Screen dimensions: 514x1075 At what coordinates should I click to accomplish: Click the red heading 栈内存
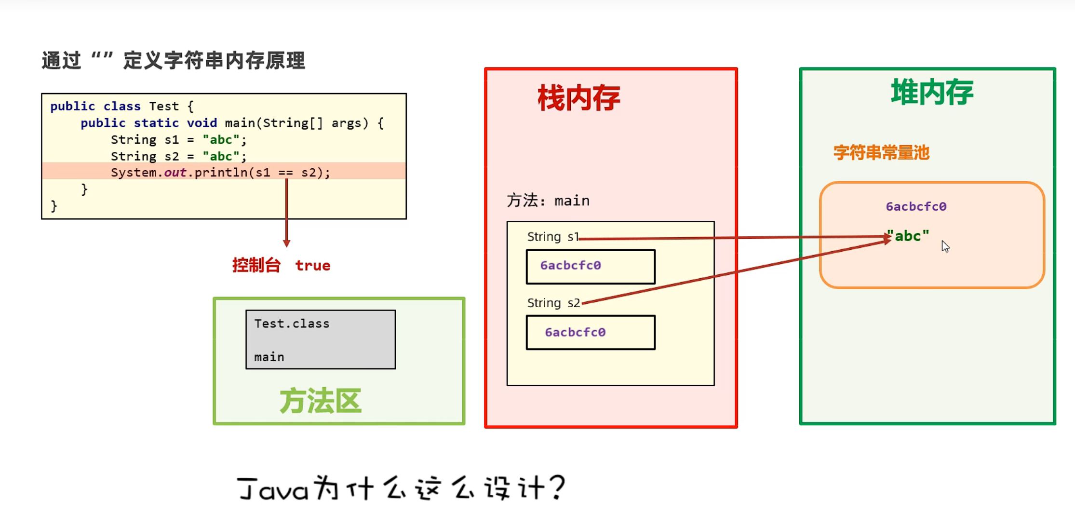pyautogui.click(x=578, y=98)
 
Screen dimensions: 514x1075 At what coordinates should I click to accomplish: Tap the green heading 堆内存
pyautogui.click(x=932, y=93)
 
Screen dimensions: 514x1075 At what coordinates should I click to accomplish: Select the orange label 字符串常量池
pyautogui.click(x=881, y=153)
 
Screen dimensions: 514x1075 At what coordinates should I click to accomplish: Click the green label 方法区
pyautogui.click(x=321, y=401)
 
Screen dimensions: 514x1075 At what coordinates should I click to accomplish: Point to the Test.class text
pyautogui.click(x=292, y=324)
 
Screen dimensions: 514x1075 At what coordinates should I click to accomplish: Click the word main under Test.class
pyautogui.click(x=269, y=357)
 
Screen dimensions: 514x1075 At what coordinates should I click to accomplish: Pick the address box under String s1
pyautogui.click(x=591, y=266)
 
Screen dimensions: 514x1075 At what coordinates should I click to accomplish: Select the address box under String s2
pyautogui.click(x=591, y=332)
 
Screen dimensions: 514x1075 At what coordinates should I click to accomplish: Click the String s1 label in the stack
pyautogui.click(x=552, y=237)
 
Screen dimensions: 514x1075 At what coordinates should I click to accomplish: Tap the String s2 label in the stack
pyautogui.click(x=553, y=303)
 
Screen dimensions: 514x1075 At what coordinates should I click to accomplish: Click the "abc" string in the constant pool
pyautogui.click(x=909, y=236)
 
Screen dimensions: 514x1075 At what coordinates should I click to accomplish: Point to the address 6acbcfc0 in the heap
pyautogui.click(x=916, y=206)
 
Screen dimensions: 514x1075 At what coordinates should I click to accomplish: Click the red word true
pyautogui.click(x=312, y=265)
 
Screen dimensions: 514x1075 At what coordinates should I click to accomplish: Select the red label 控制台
pyautogui.click(x=256, y=265)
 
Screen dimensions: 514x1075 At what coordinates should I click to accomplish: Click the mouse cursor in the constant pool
pyautogui.click(x=945, y=246)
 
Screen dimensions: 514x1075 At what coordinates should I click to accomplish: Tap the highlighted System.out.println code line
pyautogui.click(x=220, y=172)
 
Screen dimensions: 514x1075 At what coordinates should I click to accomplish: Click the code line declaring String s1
pyautogui.click(x=178, y=140)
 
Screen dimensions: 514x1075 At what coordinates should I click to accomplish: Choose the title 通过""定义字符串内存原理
pyautogui.click(x=174, y=61)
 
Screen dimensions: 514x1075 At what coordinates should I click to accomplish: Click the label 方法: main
pyautogui.click(x=548, y=201)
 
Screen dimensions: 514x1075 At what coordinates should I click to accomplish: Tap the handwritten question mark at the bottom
pyautogui.click(x=558, y=487)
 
